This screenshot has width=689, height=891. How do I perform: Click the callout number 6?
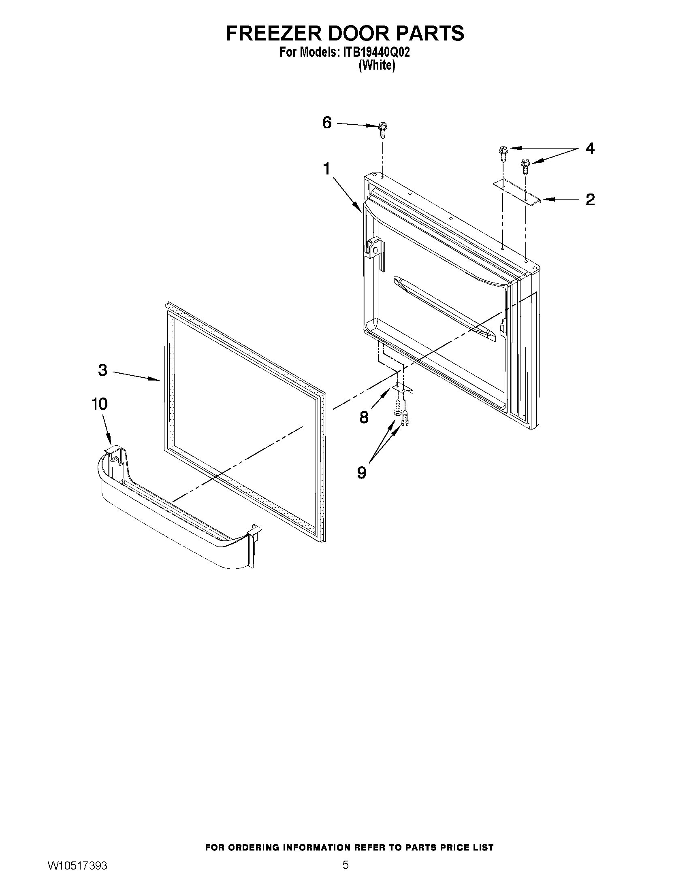[327, 122]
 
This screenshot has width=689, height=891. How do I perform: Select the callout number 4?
[590, 149]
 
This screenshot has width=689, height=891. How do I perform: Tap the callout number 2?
[590, 200]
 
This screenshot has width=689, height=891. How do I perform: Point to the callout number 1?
[326, 168]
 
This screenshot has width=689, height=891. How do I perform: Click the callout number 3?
[102, 370]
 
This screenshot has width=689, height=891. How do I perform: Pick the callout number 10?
[99, 404]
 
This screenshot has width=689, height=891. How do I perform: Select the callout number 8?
[364, 417]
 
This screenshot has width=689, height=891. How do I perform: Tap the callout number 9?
[361, 472]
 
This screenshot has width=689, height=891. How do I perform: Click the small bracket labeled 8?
[403, 388]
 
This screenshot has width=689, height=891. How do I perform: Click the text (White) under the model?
[376, 65]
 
